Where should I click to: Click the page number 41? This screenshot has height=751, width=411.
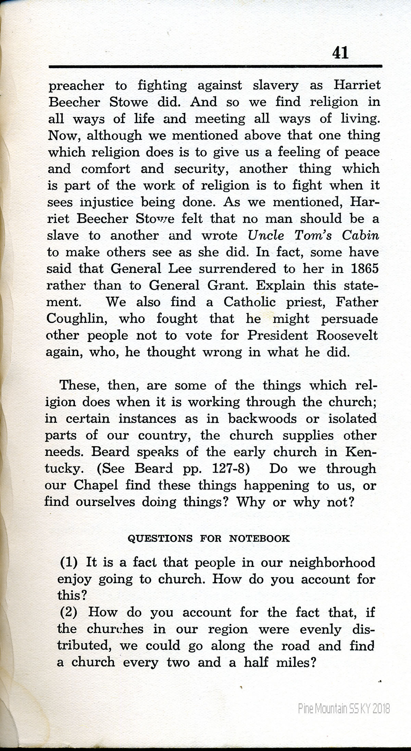point(340,53)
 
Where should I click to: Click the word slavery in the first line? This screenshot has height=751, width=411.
point(275,86)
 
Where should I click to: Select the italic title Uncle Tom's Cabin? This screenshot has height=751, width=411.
point(313,236)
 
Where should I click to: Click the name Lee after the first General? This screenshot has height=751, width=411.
point(178,269)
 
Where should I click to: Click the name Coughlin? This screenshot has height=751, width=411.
point(77,319)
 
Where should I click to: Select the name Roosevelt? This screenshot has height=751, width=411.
point(347,336)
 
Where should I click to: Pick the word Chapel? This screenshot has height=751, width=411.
point(96,485)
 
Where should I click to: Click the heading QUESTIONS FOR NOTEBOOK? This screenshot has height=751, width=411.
point(209,539)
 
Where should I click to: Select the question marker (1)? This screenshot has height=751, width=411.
point(69,563)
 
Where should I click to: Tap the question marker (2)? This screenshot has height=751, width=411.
point(69,612)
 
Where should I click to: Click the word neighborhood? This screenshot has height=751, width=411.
point(332,563)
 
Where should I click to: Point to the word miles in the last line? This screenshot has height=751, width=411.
point(296,663)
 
